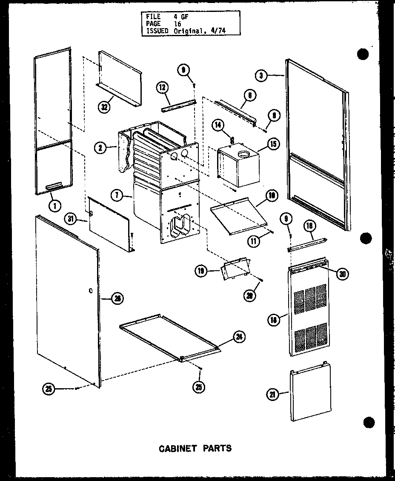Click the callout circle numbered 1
(54, 206)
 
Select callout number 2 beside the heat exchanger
(100, 148)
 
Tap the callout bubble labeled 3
(262, 76)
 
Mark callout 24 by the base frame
(240, 337)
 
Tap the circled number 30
(342, 275)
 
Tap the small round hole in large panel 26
(91, 291)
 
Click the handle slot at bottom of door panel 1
(53, 186)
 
